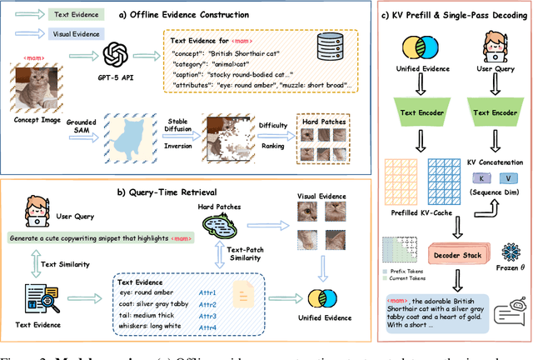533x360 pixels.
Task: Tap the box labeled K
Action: (x=481, y=177)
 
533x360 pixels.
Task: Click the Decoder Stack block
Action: (x=458, y=252)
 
